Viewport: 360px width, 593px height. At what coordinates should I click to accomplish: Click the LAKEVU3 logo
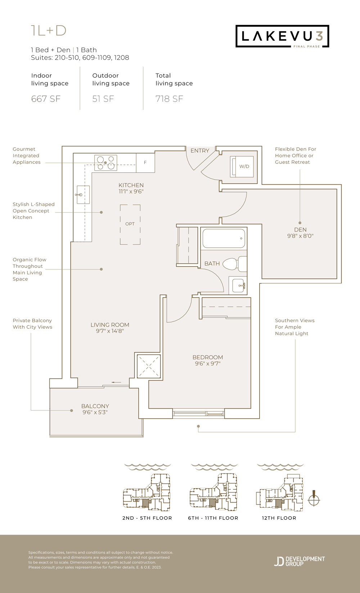point(282,36)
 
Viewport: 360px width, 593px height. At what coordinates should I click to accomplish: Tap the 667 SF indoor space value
point(46,99)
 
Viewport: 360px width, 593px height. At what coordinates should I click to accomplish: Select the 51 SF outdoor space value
point(103,99)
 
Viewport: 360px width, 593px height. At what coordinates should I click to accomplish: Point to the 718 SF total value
point(170,99)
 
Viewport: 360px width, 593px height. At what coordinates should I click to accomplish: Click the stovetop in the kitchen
point(105,163)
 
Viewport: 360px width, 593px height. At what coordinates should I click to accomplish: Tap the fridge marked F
point(145,162)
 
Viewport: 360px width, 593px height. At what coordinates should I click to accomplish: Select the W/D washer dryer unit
point(242,166)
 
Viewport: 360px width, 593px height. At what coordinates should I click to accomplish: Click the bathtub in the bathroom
point(224,238)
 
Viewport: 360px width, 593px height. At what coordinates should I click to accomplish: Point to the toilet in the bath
point(234,264)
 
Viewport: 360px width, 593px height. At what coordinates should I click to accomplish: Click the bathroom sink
point(239,286)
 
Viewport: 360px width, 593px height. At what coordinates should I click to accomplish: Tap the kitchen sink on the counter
point(83,194)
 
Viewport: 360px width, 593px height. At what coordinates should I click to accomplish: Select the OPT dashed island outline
point(130,225)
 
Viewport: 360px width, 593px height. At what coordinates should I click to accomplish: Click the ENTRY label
point(200,151)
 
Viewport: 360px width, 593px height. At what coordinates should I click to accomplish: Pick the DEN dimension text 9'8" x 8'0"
point(301,236)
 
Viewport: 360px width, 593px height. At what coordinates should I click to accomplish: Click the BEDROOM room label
point(208,358)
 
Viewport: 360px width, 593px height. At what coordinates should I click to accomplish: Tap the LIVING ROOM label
point(110,325)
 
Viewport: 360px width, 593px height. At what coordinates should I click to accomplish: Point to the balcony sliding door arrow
point(116,382)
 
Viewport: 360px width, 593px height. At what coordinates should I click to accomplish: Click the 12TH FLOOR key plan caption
point(279,518)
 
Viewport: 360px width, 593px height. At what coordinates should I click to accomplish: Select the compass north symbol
point(314,498)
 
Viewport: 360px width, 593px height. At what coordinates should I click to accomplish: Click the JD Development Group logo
point(300,561)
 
